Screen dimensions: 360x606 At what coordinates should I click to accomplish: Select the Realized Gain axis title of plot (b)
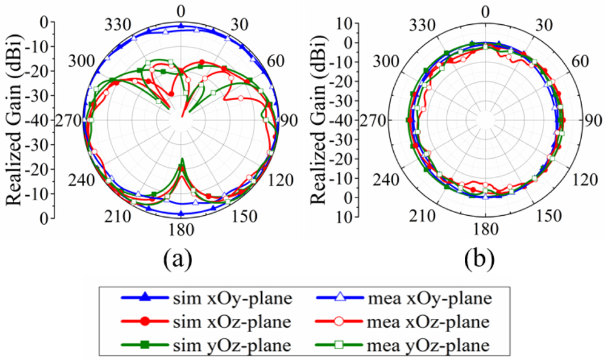pos(319,121)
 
